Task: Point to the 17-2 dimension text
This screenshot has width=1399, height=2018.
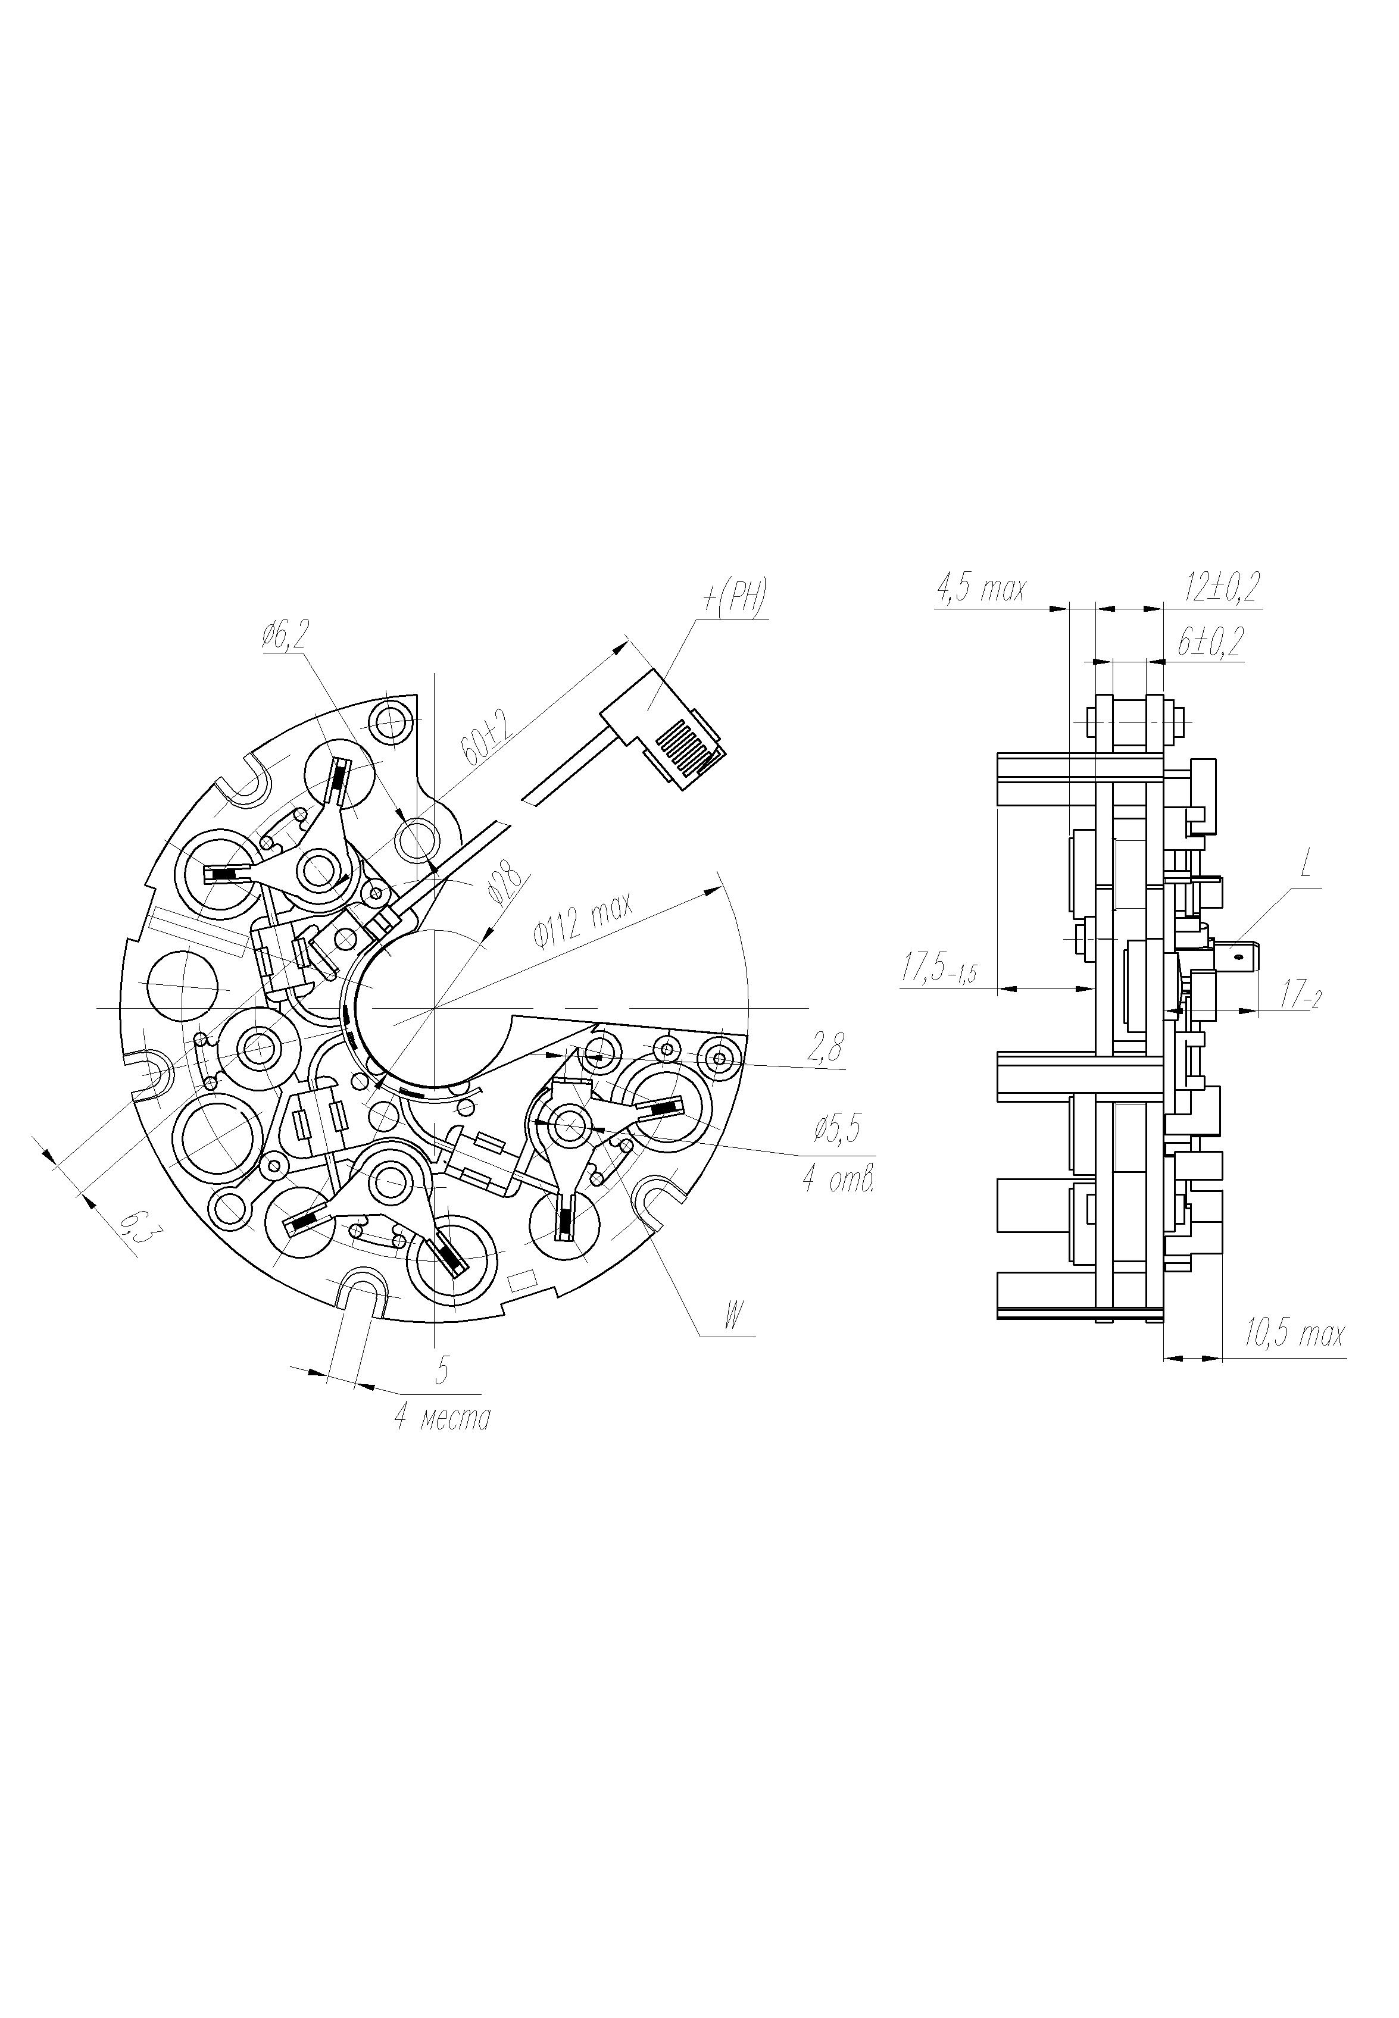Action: tap(1300, 996)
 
